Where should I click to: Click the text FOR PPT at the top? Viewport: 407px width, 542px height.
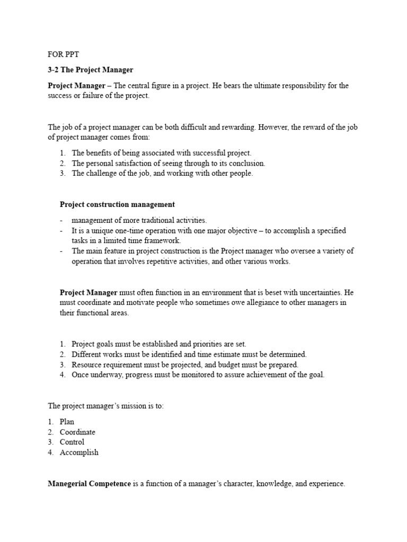[x=63, y=55]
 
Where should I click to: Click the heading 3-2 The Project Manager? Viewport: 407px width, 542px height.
[x=91, y=70]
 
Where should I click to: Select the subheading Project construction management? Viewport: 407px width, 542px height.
[x=117, y=204]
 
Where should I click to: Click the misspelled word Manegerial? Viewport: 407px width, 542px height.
[x=68, y=484]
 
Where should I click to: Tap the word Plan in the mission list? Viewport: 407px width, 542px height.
[x=67, y=422]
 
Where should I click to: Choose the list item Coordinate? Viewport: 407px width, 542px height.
[x=77, y=432]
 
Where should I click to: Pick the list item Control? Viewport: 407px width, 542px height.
[x=72, y=442]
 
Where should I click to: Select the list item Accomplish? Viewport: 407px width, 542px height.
[x=79, y=453]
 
